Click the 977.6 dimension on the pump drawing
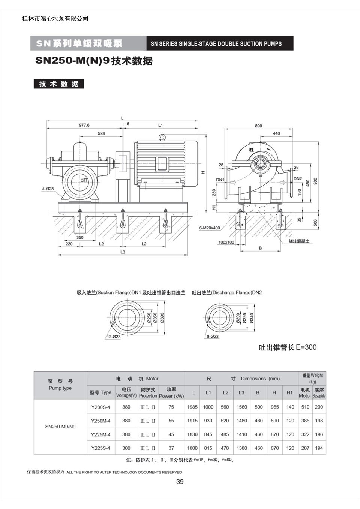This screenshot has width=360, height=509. coord(84,125)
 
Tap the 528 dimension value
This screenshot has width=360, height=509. coord(101,133)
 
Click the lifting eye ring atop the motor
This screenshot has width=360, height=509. coord(162,137)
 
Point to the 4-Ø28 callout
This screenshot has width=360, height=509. coord(48,189)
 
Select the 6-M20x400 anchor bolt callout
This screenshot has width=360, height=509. coord(210,228)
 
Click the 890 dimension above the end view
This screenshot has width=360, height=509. coord(258,126)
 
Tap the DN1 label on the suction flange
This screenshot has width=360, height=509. coord(220,180)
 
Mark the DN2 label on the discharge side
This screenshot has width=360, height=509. coord(298,179)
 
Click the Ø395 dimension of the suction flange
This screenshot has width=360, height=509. coord(162,318)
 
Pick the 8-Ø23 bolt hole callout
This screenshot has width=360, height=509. coord(213,336)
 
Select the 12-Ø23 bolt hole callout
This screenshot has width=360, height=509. coord(114,337)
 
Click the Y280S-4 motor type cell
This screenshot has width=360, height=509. coord(100,407)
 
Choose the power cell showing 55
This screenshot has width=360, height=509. coord(171,421)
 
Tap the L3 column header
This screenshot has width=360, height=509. coord(241,392)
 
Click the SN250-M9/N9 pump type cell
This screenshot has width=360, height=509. coord(60,427)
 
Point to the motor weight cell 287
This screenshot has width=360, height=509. coord(305,448)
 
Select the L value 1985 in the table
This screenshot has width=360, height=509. coord(192,407)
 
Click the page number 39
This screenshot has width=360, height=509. coord(180,482)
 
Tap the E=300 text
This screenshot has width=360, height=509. coord(306,347)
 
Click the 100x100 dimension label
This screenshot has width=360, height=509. coord(226,242)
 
